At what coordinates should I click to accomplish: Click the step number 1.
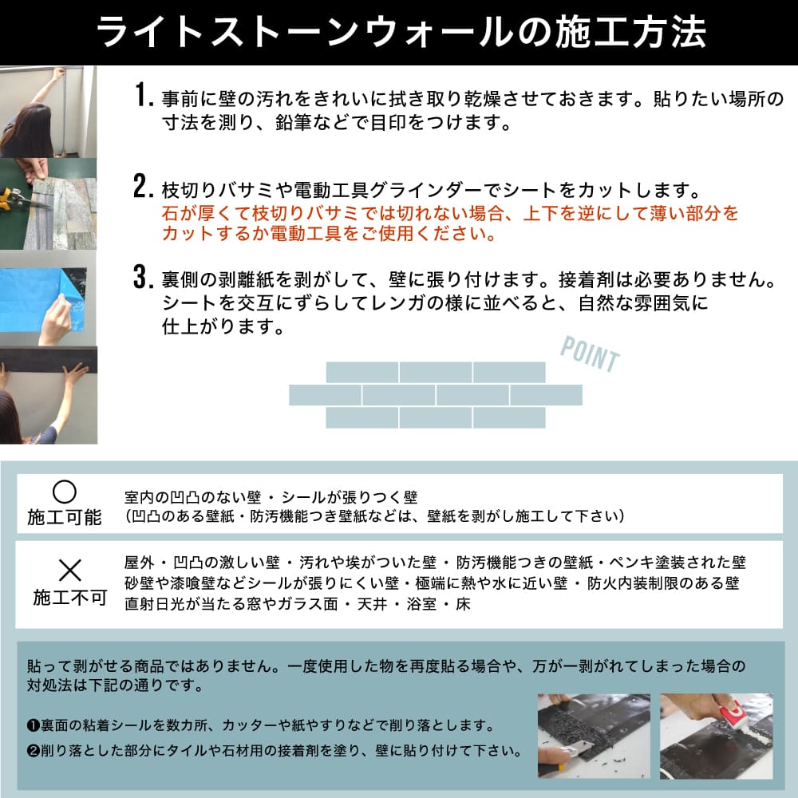click(x=143, y=97)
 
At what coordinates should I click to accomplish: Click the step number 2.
click(x=143, y=188)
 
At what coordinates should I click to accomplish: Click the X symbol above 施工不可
click(x=70, y=570)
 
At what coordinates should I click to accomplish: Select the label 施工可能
click(x=65, y=517)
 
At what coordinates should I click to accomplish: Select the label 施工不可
click(x=70, y=597)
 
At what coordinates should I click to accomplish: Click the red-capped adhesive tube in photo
click(x=729, y=709)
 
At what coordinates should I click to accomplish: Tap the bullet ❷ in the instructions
click(x=33, y=751)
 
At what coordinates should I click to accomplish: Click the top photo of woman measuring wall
click(x=48, y=112)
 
